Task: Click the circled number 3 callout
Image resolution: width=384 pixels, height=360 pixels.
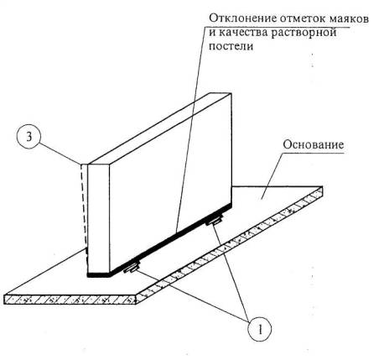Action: pyautogui.click(x=29, y=138)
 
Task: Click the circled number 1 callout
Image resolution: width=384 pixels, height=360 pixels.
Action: pyautogui.click(x=260, y=329)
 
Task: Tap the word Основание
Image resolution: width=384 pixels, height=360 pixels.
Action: pyautogui.click(x=314, y=145)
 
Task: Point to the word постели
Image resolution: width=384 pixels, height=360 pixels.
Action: pyautogui.click(x=231, y=46)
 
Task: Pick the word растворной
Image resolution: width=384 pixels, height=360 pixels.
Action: pyautogui.click(x=304, y=33)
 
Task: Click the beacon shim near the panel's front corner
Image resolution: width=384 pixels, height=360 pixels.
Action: pyautogui.click(x=132, y=268)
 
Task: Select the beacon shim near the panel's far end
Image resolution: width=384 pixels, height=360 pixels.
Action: pyautogui.click(x=214, y=221)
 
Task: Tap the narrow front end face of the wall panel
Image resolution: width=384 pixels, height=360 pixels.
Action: pyautogui.click(x=99, y=218)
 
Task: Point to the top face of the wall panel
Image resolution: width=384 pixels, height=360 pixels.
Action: pyautogui.click(x=159, y=128)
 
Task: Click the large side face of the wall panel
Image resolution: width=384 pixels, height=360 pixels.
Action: pyautogui.click(x=170, y=183)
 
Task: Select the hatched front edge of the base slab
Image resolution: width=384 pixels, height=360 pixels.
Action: pyautogui.click(x=70, y=300)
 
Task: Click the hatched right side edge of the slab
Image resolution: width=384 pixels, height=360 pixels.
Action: pyautogui.click(x=230, y=245)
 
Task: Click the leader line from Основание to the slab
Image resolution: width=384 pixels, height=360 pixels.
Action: pyautogui.click(x=272, y=176)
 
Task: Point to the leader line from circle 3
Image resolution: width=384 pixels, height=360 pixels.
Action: pyautogui.click(x=60, y=154)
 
